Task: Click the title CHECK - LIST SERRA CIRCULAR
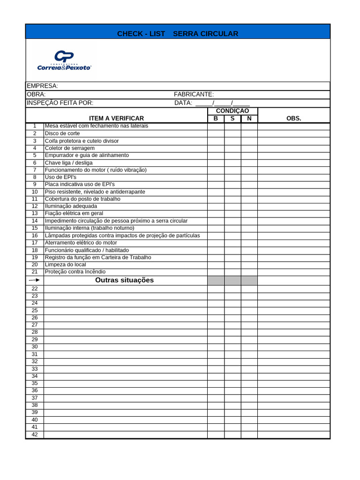point(178,34)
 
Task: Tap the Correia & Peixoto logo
point(64,60)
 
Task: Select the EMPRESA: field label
point(42,86)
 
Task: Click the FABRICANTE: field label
point(194,94)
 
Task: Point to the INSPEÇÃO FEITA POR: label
point(60,103)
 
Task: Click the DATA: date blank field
point(222,103)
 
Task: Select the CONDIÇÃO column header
point(232,111)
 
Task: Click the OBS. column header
point(293,119)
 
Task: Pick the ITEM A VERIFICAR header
point(117,119)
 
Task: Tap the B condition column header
point(216,119)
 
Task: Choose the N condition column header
point(249,119)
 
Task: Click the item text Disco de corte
point(62,134)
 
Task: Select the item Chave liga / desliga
point(68,163)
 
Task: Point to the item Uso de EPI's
point(60,177)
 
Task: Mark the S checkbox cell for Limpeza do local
point(232,265)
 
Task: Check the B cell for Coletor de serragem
point(216,148)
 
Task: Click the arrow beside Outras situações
point(35,280)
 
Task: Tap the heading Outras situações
point(124,280)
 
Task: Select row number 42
point(35,435)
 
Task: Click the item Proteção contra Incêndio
point(75,272)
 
